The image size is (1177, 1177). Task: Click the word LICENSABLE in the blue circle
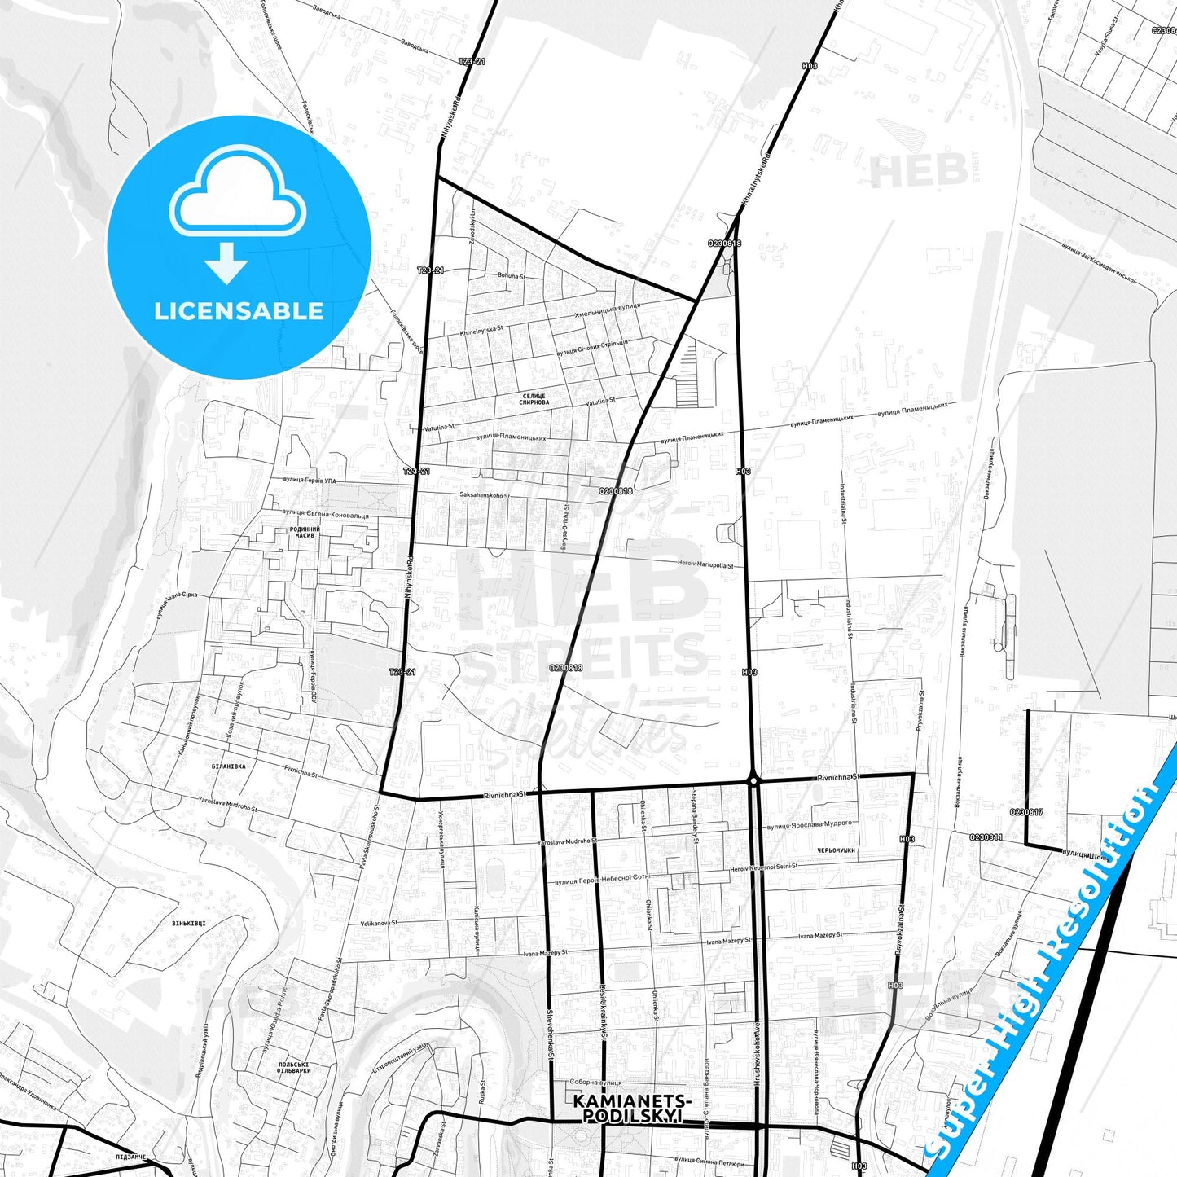[x=239, y=311]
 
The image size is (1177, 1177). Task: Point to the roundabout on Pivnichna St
[x=754, y=780]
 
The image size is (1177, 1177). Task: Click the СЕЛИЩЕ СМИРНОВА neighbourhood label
[x=534, y=399]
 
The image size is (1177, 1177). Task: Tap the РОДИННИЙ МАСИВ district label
[x=305, y=533]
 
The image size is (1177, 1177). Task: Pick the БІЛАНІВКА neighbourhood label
[x=228, y=766]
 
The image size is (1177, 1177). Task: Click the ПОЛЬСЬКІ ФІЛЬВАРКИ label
[x=293, y=1067]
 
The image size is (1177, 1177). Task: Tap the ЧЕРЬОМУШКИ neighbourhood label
[x=837, y=850]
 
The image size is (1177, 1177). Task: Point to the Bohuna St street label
[x=512, y=276]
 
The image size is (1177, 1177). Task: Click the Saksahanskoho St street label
[x=485, y=495]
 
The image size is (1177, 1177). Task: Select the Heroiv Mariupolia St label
[x=705, y=564]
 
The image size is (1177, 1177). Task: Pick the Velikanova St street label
[x=379, y=924]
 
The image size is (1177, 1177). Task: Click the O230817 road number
[x=1026, y=812]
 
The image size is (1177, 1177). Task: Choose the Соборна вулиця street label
[x=595, y=1083]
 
